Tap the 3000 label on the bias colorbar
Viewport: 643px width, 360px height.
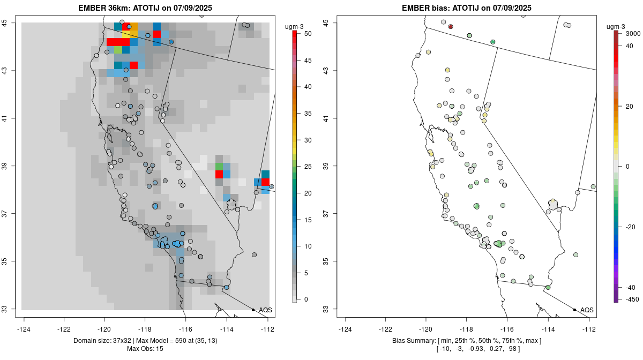tap(633, 34)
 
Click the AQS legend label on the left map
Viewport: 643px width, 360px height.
tap(265, 310)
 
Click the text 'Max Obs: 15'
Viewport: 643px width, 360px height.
tap(145, 349)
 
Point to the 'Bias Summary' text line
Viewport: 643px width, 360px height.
tap(466, 341)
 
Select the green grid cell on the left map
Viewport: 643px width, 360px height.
tap(219, 166)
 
